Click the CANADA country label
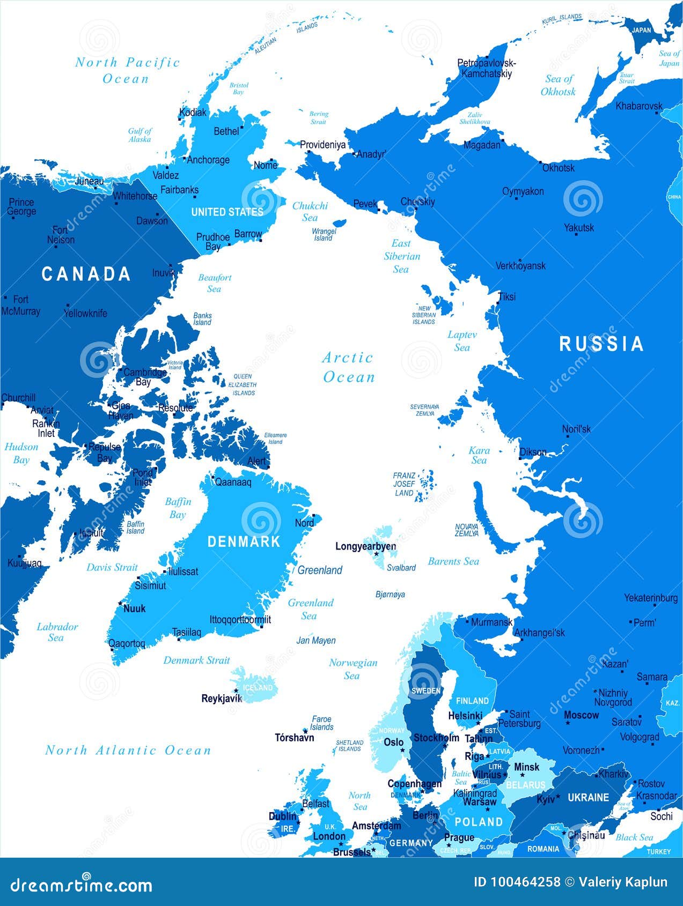point(86,274)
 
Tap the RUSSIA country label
point(601,344)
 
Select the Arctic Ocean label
point(348,367)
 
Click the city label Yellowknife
point(85,313)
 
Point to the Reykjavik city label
point(222,698)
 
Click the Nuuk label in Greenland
point(134,608)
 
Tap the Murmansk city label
point(491,622)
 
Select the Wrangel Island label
point(324,235)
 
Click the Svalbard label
point(401,568)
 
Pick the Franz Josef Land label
point(404,484)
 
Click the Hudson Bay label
point(21,453)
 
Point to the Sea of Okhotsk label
point(558,85)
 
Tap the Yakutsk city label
point(579,227)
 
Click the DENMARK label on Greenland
point(244,541)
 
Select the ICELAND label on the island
point(258,688)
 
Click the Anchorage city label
point(208,160)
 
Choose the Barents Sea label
point(453,561)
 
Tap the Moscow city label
point(581,715)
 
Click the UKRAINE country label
point(588,797)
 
